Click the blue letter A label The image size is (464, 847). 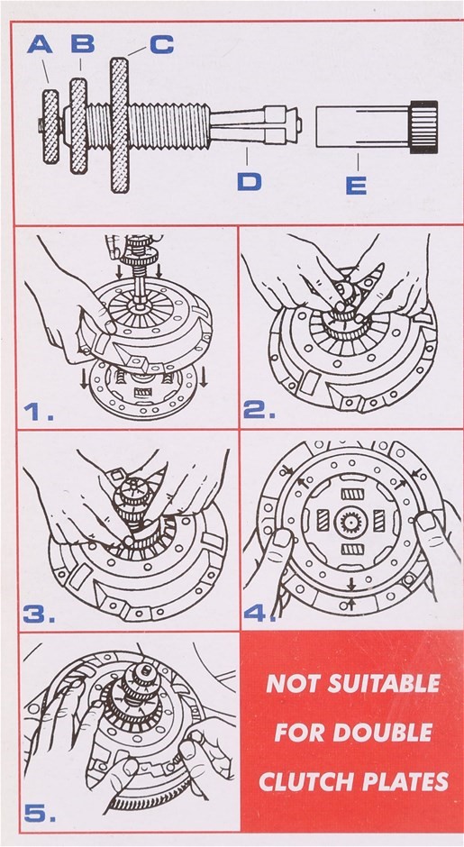point(40,44)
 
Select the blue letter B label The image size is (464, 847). point(83,43)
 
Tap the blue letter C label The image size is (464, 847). point(161,44)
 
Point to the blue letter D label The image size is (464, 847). point(249,181)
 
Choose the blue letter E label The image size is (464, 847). point(356,186)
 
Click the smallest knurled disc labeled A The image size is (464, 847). point(50,127)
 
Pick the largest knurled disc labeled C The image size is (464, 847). point(119,124)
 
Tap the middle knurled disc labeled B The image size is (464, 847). point(78,125)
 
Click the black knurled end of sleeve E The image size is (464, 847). point(423,127)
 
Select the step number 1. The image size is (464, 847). point(38,412)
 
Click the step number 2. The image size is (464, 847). point(259,411)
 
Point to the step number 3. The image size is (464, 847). point(39,615)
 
